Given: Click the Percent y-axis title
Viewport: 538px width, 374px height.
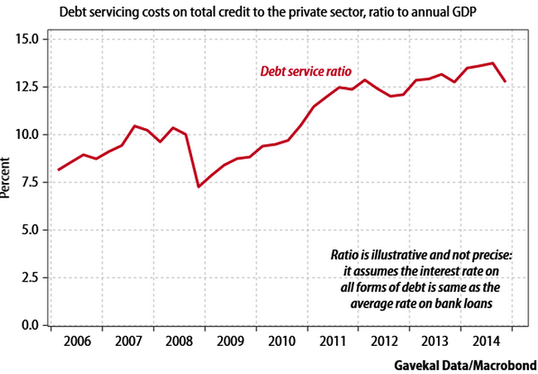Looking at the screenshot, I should [7, 181].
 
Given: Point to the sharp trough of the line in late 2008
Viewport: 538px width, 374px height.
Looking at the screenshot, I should [198, 186].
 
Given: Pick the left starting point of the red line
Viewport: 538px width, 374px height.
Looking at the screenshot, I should [58, 170].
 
